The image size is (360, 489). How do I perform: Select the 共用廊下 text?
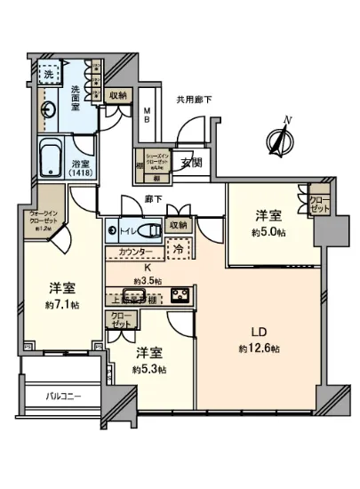point(193,100)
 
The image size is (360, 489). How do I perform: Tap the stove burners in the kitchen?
point(177,295)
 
